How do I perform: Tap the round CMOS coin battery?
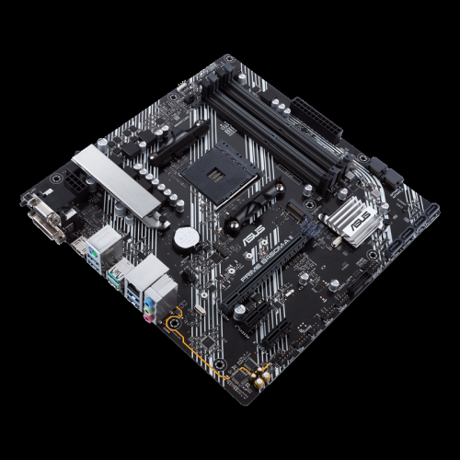pos(187,236)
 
